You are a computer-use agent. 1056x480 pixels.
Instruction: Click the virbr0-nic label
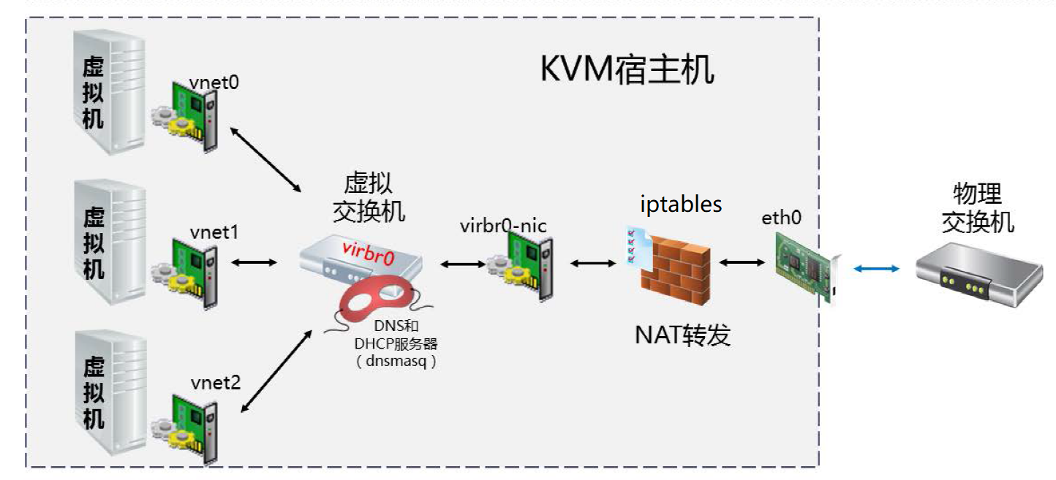(x=503, y=226)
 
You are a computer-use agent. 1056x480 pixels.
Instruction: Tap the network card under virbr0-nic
(x=518, y=269)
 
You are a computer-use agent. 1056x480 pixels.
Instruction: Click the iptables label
(x=680, y=204)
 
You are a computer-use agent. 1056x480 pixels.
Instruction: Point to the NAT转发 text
(x=682, y=335)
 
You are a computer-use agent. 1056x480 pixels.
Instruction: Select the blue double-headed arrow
(x=876, y=270)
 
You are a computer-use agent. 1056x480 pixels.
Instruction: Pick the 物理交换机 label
(x=977, y=207)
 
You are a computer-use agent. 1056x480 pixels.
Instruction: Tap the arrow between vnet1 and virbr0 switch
(x=254, y=262)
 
